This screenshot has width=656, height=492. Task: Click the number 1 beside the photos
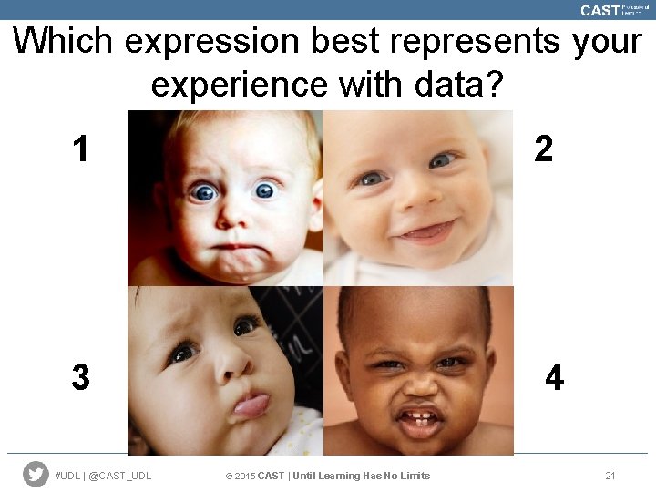(81, 149)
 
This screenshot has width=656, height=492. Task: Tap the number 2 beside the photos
(544, 149)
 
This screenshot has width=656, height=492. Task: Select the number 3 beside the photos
(81, 376)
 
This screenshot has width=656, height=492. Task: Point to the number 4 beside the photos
(554, 376)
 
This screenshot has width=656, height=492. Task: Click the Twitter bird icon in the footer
(36, 474)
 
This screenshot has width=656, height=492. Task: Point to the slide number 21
(610, 476)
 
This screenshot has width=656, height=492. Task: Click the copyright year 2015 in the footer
(243, 476)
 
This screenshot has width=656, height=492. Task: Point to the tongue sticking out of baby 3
(251, 404)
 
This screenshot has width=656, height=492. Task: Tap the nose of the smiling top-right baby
(412, 194)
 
